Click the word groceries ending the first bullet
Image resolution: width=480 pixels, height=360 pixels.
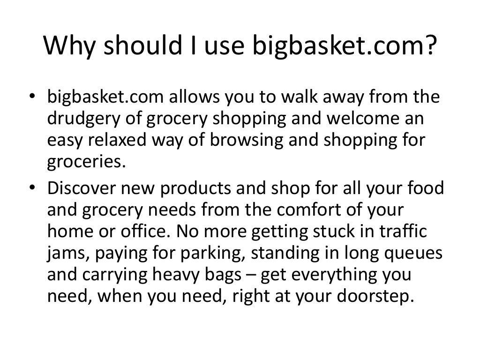(x=87, y=162)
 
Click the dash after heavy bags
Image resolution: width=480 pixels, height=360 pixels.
(x=250, y=275)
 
